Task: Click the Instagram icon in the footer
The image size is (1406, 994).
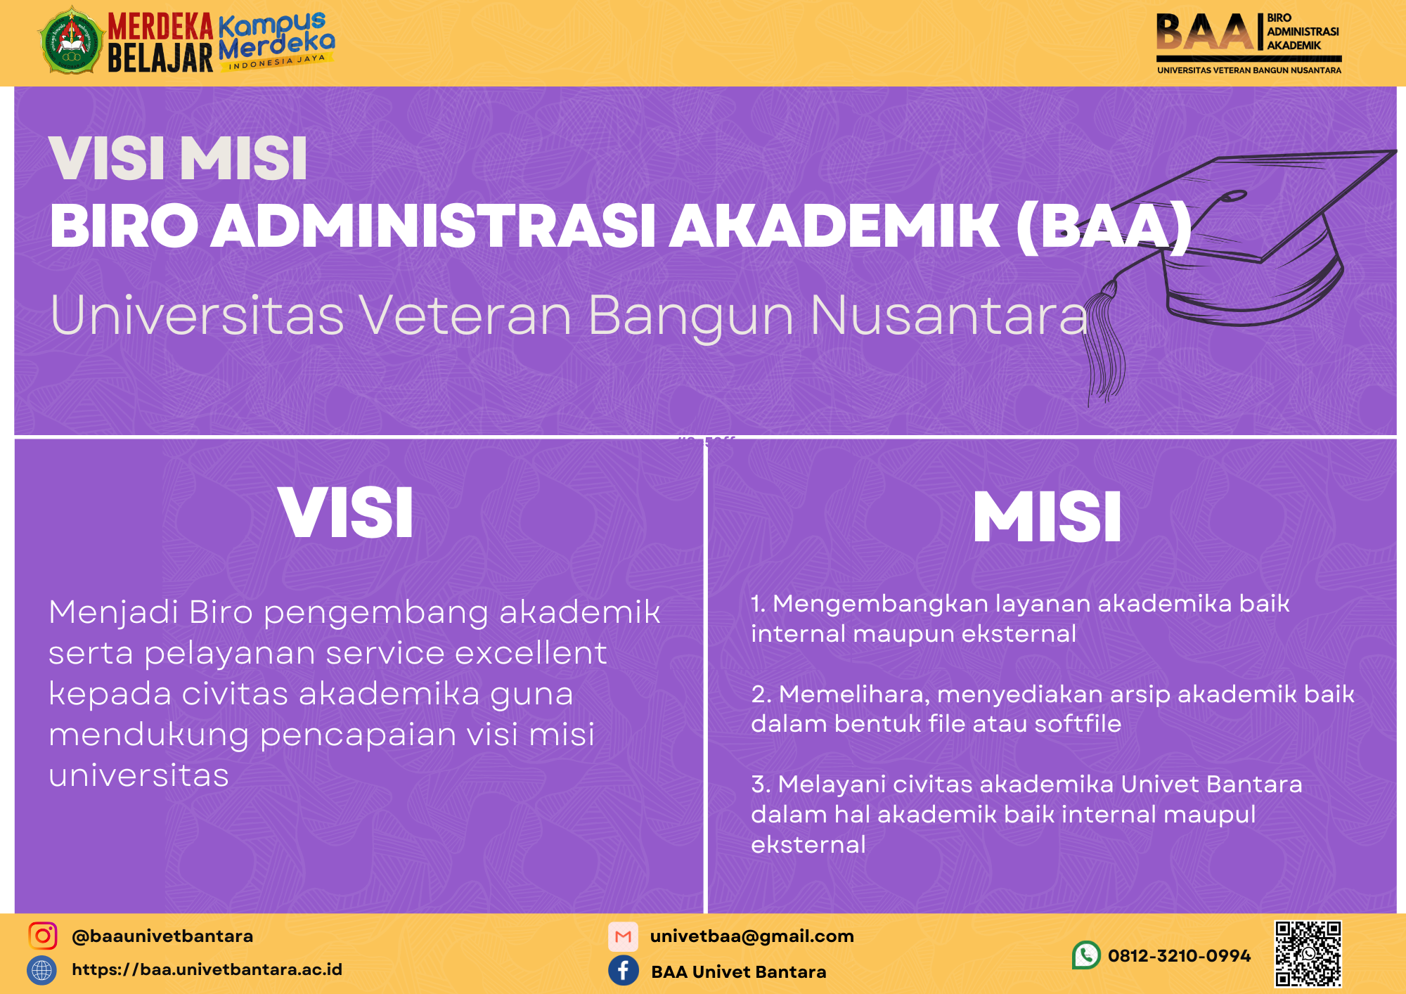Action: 43,936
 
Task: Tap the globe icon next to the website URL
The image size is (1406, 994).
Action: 42,970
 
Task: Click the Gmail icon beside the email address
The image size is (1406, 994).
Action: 623,936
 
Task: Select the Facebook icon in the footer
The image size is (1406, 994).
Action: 624,971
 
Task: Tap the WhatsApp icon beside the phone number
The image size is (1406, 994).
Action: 1086,955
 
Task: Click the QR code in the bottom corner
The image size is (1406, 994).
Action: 1308,954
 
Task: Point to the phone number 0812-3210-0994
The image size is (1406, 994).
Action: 1179,955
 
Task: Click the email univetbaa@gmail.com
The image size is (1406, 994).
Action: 752,936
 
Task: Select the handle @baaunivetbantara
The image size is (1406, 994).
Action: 162,936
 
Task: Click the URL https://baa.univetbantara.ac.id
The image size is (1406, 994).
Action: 207,969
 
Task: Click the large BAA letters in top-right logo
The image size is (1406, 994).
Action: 1204,34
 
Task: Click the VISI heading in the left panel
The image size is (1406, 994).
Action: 346,513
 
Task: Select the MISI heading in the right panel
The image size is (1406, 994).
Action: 1047,517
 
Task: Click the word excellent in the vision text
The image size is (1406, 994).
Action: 531,653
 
